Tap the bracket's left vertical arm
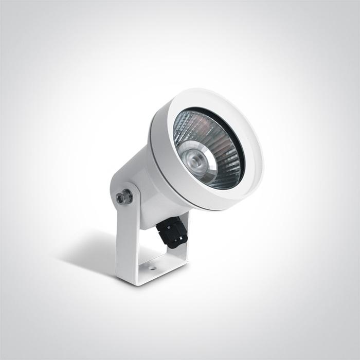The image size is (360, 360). click(x=123, y=237)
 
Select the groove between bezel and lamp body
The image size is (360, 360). click(x=154, y=154)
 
